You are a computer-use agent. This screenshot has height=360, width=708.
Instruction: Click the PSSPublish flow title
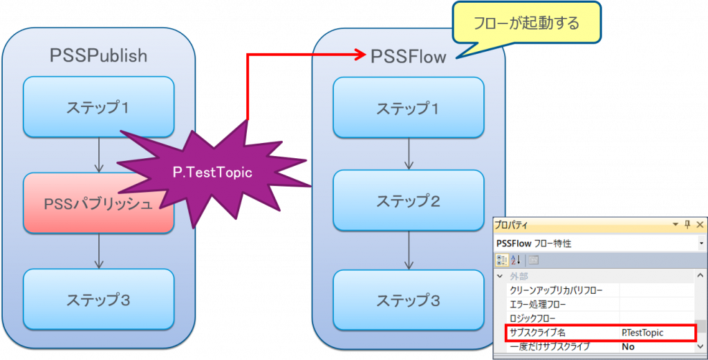coord(98,56)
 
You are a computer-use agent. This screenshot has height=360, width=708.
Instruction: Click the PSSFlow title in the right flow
coord(408,56)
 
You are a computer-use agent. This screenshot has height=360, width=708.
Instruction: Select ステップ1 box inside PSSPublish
coord(97,107)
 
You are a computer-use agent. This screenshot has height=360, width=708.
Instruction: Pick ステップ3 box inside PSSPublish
coord(97,300)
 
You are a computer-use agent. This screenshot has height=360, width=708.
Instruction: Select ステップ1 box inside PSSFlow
coord(408,108)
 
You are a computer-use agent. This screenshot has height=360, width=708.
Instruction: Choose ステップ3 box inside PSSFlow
coord(408,300)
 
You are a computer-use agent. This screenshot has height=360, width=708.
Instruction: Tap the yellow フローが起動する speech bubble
coord(526,22)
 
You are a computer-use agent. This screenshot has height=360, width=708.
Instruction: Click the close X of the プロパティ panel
coord(700,225)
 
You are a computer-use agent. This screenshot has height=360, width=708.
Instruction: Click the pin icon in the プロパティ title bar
coord(687,225)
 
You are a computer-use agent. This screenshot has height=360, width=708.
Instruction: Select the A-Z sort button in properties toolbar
coord(516,260)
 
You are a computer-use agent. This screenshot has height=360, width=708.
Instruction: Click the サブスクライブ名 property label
coord(537,332)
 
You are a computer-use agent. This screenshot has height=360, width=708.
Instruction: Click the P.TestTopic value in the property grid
coord(642,332)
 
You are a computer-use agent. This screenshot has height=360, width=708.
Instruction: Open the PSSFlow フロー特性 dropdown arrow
coord(700,243)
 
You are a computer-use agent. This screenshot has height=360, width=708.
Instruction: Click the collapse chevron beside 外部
coord(501,276)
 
